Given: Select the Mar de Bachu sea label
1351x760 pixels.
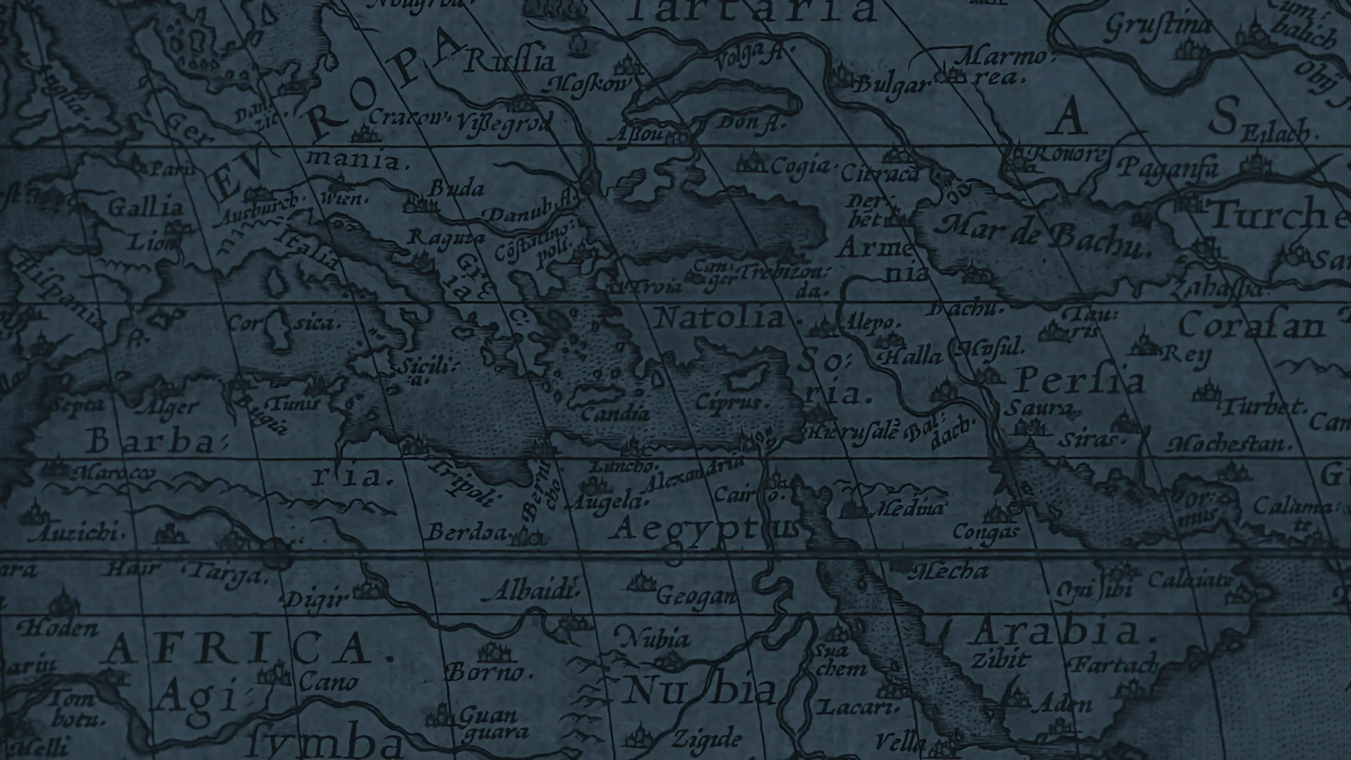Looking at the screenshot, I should point(1044,239).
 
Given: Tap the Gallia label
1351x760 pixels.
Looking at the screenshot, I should point(145,207).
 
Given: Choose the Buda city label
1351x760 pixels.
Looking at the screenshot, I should point(456,188).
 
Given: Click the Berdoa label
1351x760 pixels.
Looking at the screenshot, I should point(467,532).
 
